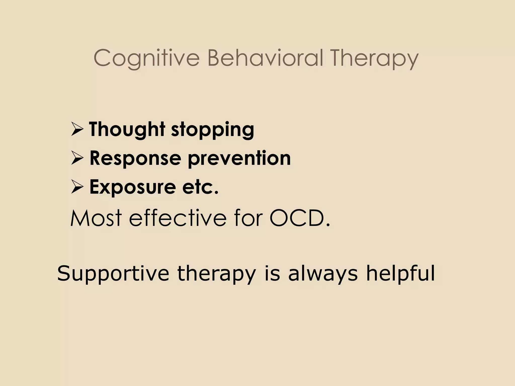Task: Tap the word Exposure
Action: tap(132, 187)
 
